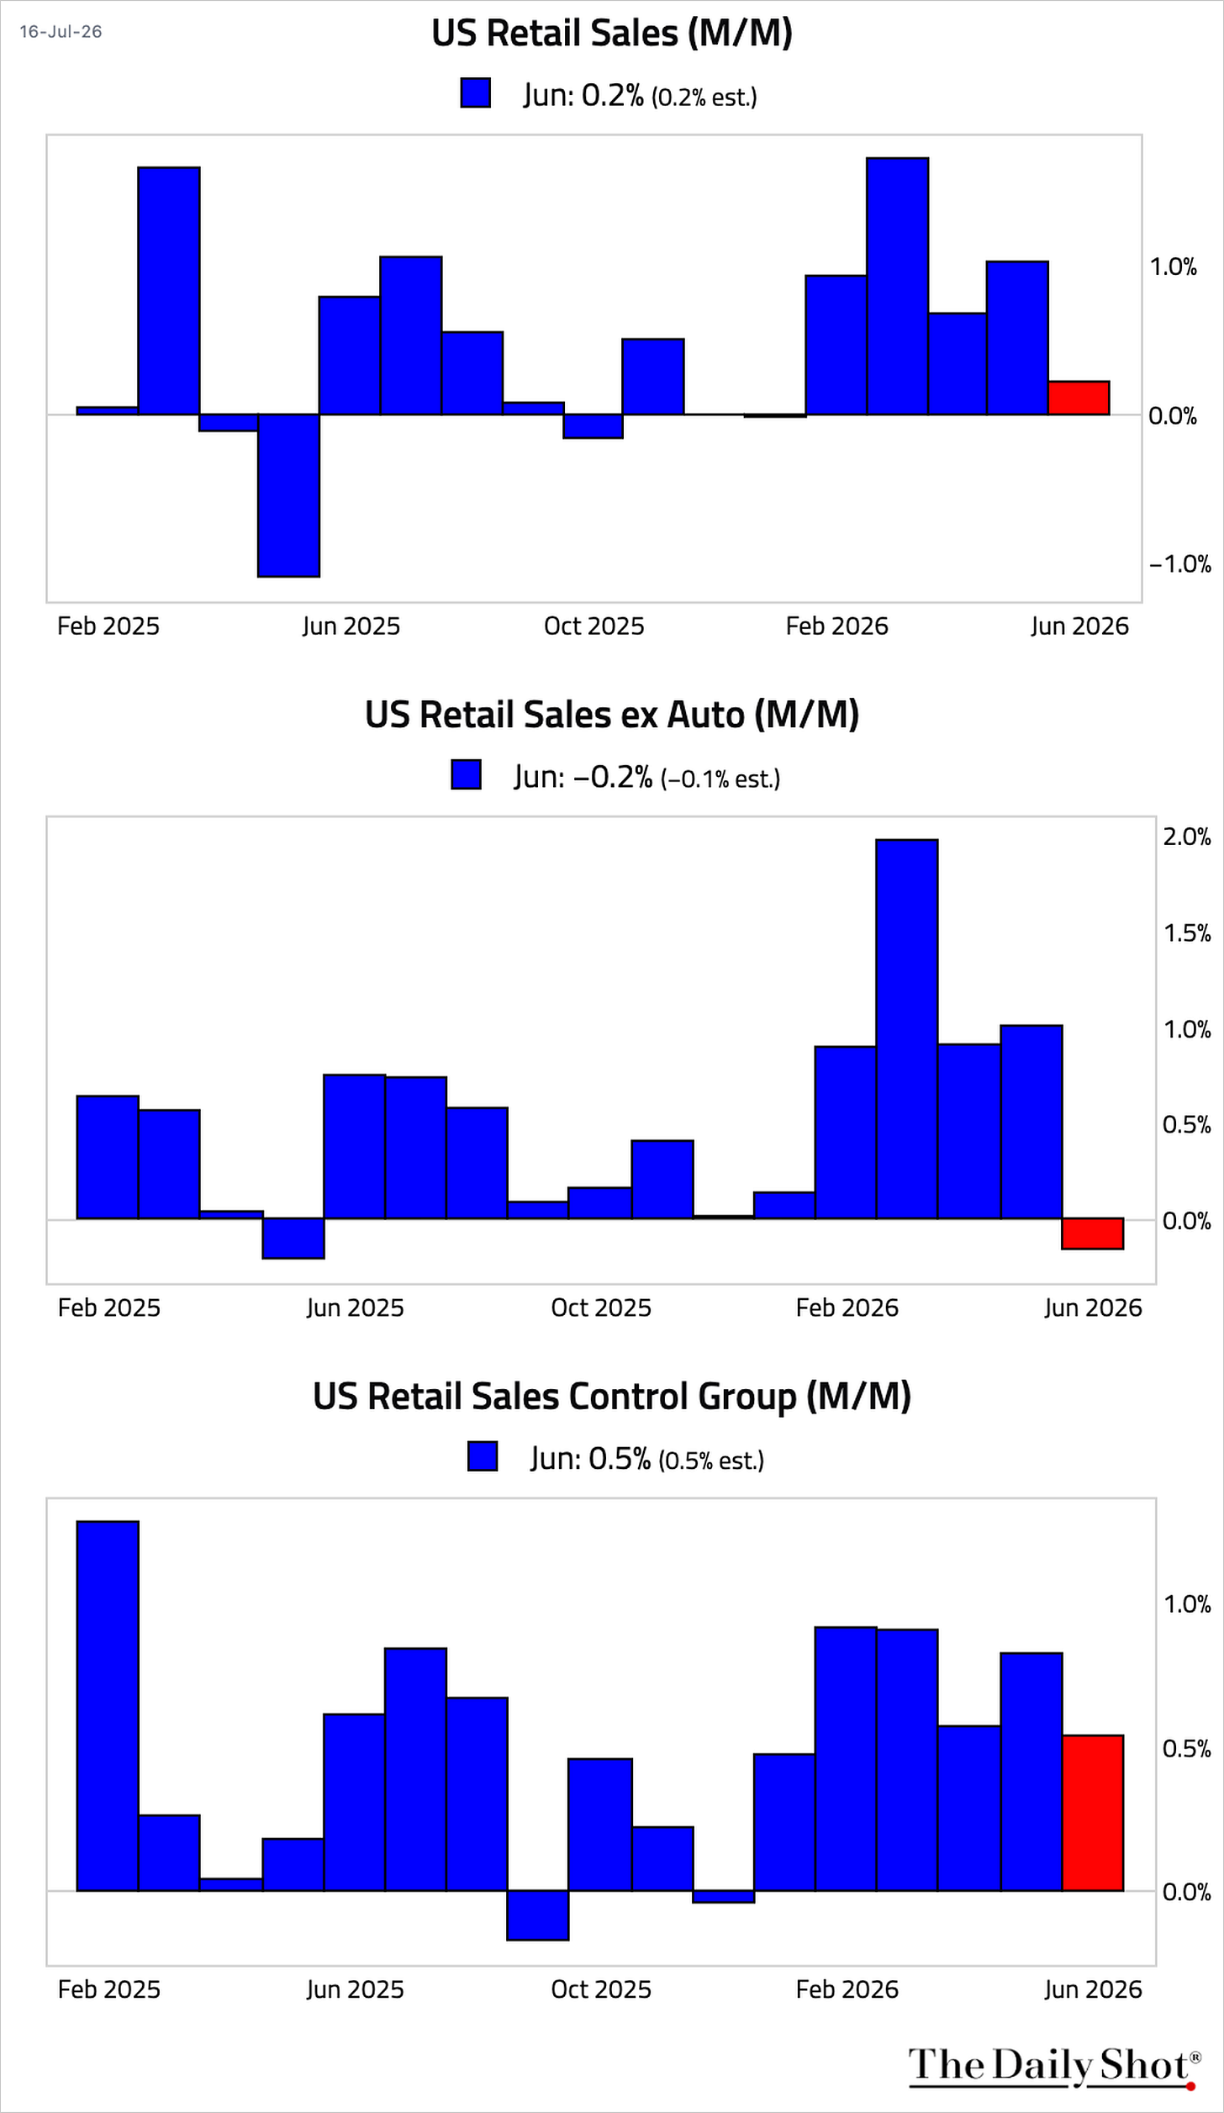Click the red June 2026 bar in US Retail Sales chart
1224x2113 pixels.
coord(1079,398)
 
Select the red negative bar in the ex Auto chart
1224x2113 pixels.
coord(1093,1233)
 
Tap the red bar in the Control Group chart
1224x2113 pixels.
coord(1093,1813)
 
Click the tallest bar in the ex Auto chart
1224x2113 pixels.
coord(907,1029)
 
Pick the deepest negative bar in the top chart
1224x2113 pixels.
coord(288,495)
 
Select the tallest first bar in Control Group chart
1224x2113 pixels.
coord(108,1706)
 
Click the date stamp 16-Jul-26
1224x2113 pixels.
coord(61,32)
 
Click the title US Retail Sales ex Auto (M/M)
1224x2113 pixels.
coord(612,715)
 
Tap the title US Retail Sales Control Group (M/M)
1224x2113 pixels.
coord(612,1397)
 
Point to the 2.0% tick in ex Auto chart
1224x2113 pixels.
coord(1187,837)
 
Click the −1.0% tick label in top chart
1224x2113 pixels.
coord(1180,563)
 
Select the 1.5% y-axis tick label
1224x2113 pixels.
coord(1187,932)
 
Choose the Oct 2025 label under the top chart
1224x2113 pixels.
coord(594,626)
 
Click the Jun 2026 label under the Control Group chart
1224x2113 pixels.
coord(1093,1989)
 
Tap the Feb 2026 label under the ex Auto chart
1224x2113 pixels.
coord(847,1307)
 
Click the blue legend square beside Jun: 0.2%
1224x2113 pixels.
coord(476,92)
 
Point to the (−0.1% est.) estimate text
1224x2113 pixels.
coord(720,779)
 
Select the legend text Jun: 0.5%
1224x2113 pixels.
coord(590,1459)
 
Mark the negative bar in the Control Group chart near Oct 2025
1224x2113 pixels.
coord(538,1915)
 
